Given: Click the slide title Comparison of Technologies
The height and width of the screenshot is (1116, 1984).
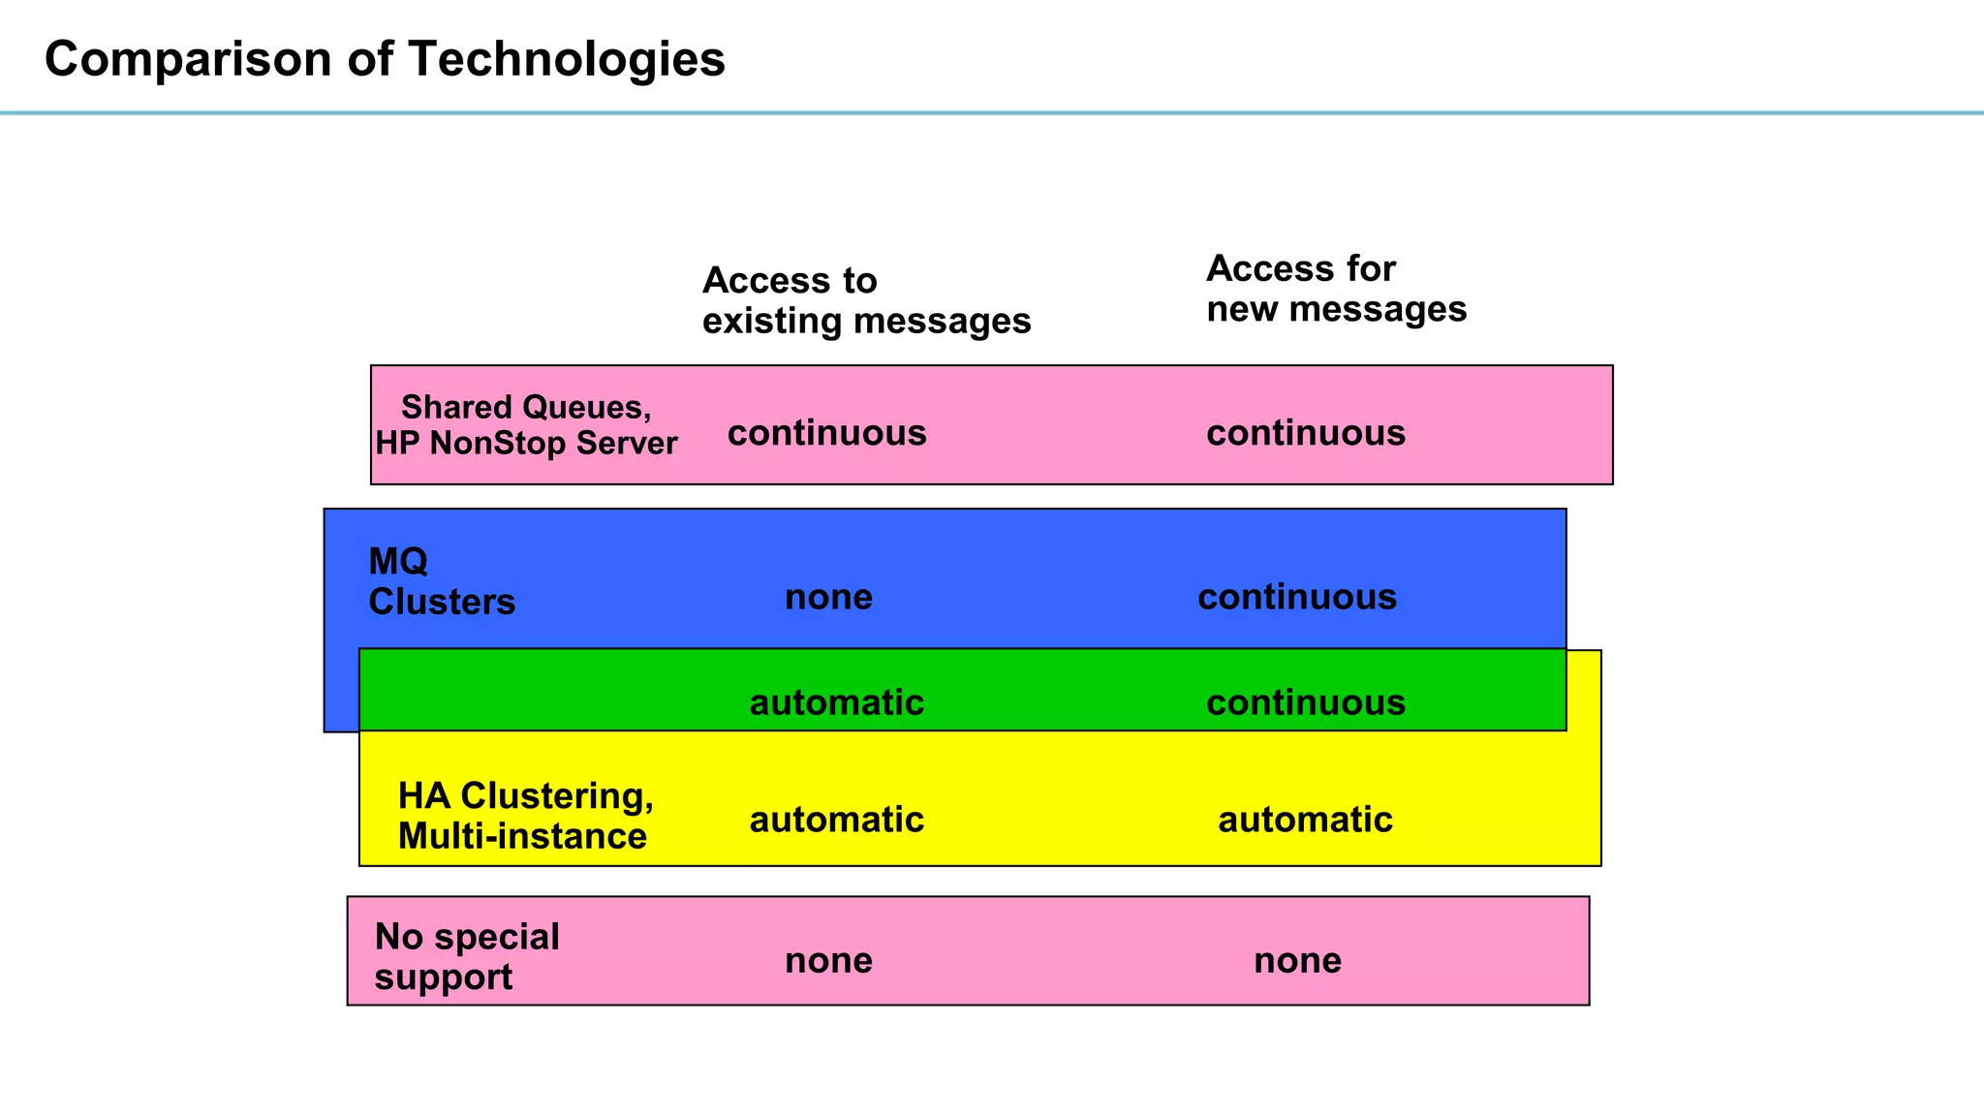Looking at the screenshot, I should (x=385, y=59).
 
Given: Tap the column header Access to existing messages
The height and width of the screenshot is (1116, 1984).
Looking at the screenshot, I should (x=866, y=300).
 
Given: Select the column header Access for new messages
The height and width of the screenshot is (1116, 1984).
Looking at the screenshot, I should (x=1336, y=289).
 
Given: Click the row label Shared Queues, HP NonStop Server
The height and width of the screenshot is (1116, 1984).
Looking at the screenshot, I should (x=526, y=425).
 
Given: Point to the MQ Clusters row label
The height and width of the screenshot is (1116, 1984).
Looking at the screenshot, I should (x=442, y=581).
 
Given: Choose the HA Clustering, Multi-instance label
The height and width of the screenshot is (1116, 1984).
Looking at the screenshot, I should (x=526, y=816).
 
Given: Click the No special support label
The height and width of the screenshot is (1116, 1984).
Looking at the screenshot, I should (x=467, y=956).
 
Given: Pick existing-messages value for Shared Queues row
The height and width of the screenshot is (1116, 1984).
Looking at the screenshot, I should (x=827, y=433).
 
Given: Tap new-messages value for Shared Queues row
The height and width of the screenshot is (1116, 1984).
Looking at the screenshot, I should (x=1306, y=433).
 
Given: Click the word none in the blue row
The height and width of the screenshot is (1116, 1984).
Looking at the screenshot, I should (x=828, y=597).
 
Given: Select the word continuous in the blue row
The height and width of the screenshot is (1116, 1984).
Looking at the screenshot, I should (x=1297, y=597).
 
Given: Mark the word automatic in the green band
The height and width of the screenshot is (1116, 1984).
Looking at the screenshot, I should (x=837, y=702).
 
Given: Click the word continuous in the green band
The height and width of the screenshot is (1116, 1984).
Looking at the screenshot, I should (x=1306, y=702).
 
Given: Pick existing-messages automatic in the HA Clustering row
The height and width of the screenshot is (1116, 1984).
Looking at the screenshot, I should (x=837, y=820).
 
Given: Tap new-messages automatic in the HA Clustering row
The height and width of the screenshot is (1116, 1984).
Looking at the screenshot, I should (x=1305, y=820).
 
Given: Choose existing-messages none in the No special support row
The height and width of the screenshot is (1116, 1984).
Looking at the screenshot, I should (x=828, y=960).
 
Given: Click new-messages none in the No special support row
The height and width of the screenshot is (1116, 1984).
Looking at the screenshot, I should (x=1297, y=960).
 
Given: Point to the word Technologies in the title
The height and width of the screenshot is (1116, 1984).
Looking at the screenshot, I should (x=566, y=59).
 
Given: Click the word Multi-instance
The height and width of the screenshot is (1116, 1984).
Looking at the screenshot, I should (x=522, y=836).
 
